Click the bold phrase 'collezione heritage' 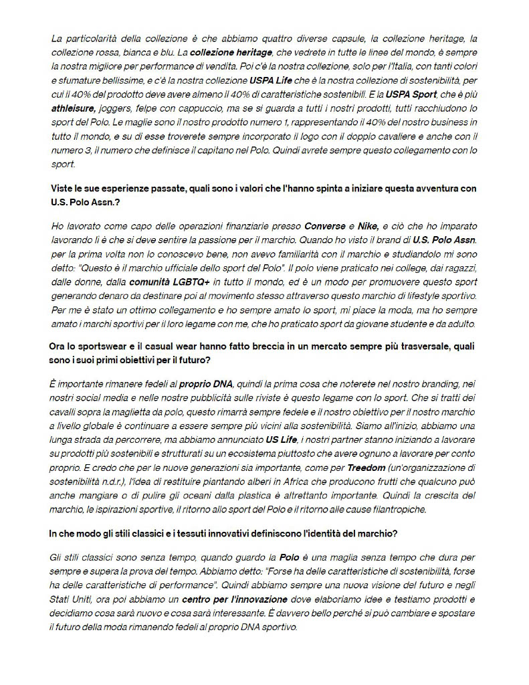pyautogui.click(x=231, y=52)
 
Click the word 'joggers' pyautogui.click(x=121, y=108)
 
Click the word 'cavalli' pyautogui.click(x=68, y=412)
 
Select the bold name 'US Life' pyautogui.click(x=282, y=439)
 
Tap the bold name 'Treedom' pyautogui.click(x=366, y=468)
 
